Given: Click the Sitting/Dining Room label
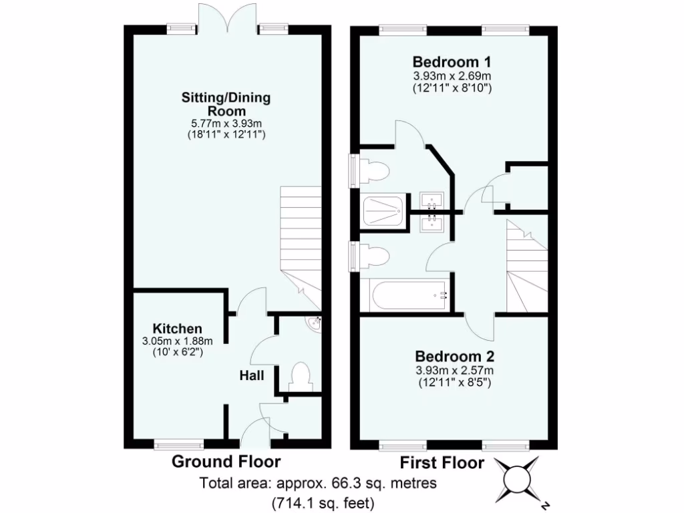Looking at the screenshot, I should click(226, 104).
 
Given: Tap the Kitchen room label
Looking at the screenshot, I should click(177, 329).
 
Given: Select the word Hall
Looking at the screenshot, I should click(252, 376).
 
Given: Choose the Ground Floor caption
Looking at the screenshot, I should click(226, 461).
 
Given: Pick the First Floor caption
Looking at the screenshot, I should click(442, 462).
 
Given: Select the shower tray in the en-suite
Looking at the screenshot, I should click(384, 211).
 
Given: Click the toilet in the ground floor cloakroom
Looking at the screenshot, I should click(300, 376).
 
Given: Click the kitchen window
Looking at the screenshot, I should click(178, 443).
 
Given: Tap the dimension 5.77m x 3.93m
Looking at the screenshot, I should click(226, 124).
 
